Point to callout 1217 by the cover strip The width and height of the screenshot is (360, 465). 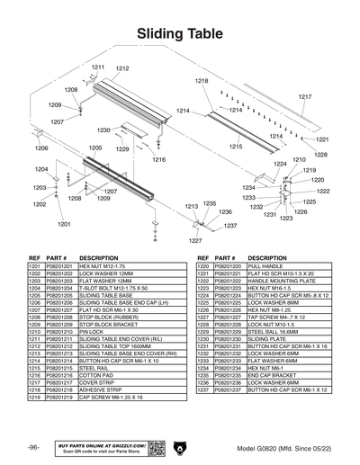[x=305, y=96]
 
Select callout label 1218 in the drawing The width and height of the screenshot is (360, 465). [x=202, y=81]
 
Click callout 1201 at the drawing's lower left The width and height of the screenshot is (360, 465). [x=64, y=223]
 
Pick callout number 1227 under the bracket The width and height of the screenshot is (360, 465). [x=195, y=240]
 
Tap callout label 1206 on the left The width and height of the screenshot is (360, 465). [x=41, y=148]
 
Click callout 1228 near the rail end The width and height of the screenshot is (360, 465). [x=320, y=155]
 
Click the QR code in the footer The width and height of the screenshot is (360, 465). [x=155, y=447]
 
